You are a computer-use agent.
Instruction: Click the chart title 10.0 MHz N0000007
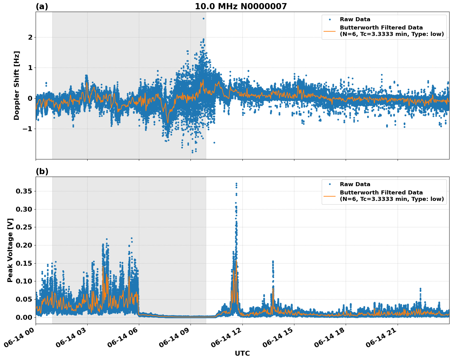tap(241, 6)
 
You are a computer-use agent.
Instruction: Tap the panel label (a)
tap(42, 6)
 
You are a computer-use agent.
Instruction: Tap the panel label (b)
tap(42, 171)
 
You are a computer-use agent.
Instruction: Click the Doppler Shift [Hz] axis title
tap(17, 85)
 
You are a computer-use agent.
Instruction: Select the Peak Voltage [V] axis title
tap(10, 250)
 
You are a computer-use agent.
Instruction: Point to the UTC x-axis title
tap(242, 353)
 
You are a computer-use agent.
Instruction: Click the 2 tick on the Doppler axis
tap(30, 37)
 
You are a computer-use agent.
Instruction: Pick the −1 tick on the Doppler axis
tap(28, 129)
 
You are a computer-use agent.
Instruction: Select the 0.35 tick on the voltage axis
tap(24, 191)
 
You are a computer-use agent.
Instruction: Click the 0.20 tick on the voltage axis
tap(24, 245)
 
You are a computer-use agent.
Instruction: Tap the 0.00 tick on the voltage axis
tap(24, 317)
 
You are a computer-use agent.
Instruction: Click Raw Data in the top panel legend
tap(355, 20)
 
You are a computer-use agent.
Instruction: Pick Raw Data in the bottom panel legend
tap(355, 184)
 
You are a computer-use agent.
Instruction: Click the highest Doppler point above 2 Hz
tap(203, 18)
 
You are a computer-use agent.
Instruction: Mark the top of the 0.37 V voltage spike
tap(236, 183)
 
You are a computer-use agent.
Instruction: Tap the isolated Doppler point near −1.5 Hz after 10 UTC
tap(214, 143)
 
